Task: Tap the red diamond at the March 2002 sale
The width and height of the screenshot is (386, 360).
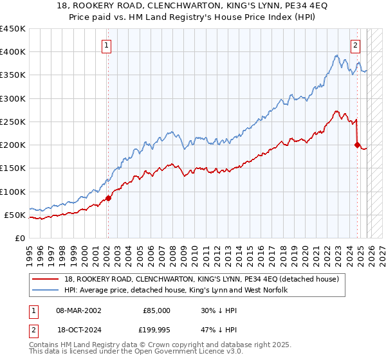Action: (x=108, y=198)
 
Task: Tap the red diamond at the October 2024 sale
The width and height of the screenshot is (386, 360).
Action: (x=358, y=145)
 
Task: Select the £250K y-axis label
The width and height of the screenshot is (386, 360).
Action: (x=13, y=122)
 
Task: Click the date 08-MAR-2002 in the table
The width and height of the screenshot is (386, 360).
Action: (x=78, y=310)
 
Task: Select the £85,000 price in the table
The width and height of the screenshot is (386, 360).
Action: (x=156, y=310)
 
